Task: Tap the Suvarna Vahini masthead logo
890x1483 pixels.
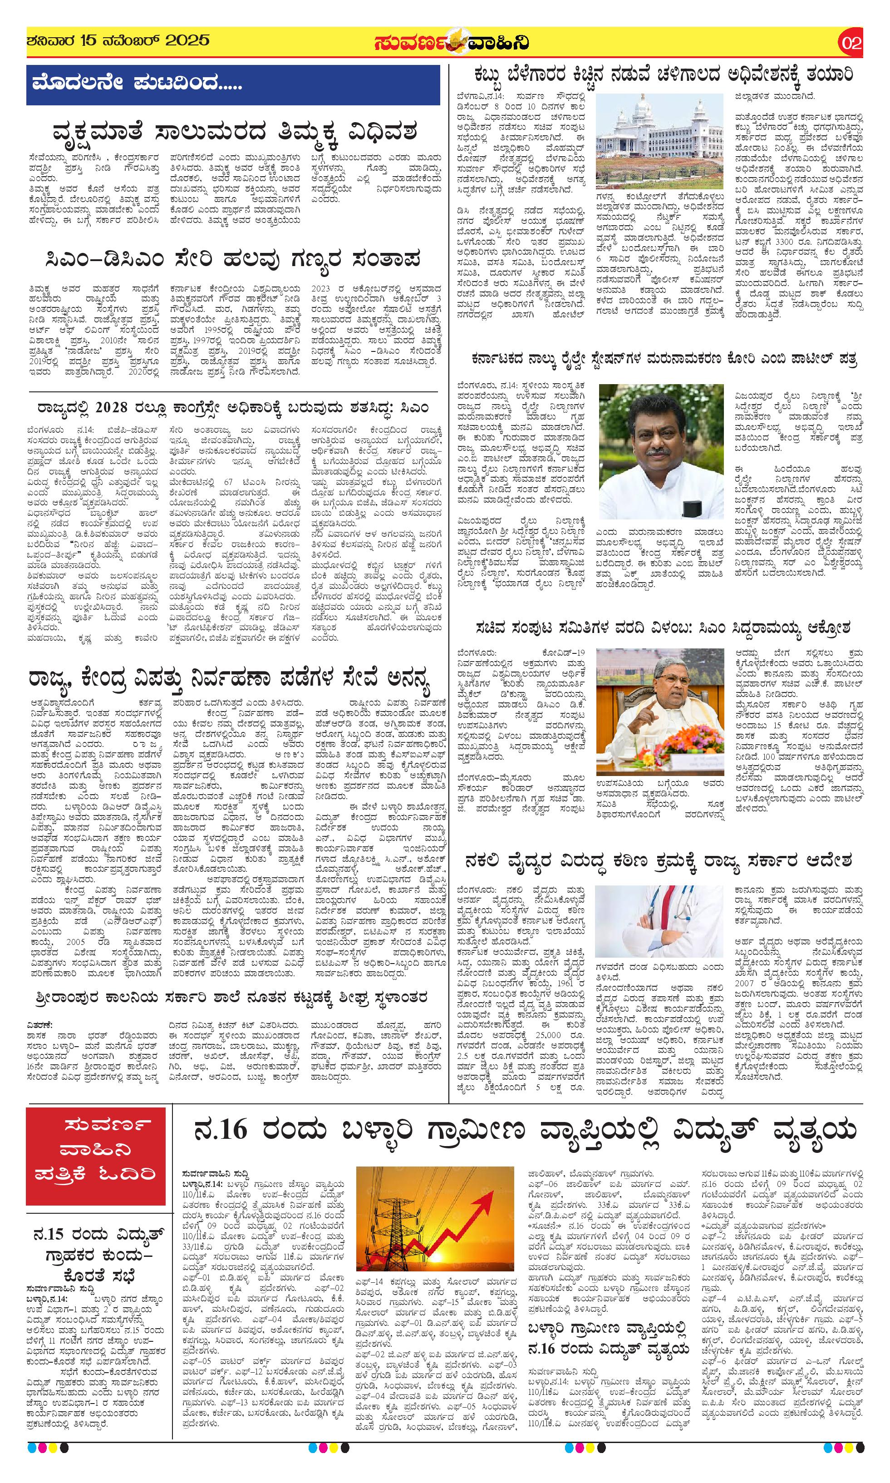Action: tap(451, 43)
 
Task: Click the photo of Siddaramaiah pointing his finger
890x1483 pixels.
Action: tap(660, 711)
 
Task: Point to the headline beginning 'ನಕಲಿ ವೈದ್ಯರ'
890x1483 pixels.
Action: tap(659, 861)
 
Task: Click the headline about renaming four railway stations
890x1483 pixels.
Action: tap(664, 359)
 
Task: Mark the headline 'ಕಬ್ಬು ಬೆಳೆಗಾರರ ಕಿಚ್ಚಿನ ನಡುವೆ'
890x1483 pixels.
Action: tap(664, 75)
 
